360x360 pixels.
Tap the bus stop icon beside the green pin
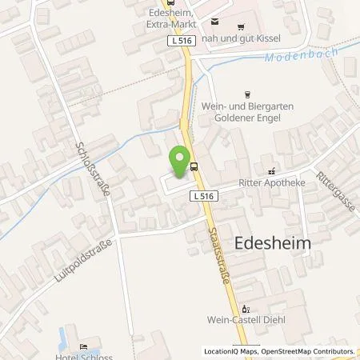[194, 166]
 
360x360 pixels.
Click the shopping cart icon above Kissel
[214, 23]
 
